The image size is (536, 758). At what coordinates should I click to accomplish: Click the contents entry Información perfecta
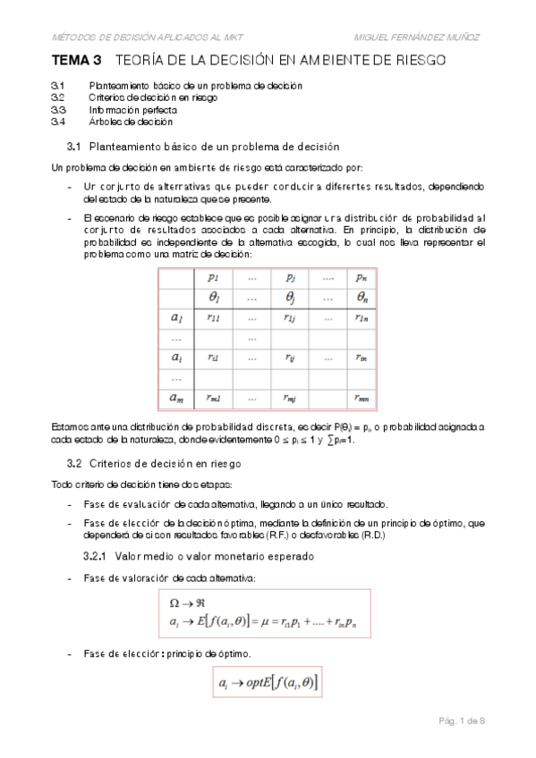[126, 108]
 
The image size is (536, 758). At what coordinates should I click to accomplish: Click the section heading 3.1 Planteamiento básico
[202, 146]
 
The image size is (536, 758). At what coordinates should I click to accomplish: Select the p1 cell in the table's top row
[212, 277]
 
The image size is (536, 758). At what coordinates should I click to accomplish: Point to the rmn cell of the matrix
[360, 398]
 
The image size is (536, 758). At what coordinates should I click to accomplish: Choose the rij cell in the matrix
[290, 358]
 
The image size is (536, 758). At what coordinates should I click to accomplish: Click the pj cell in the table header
[290, 277]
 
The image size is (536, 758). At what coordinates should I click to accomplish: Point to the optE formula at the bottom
[269, 684]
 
